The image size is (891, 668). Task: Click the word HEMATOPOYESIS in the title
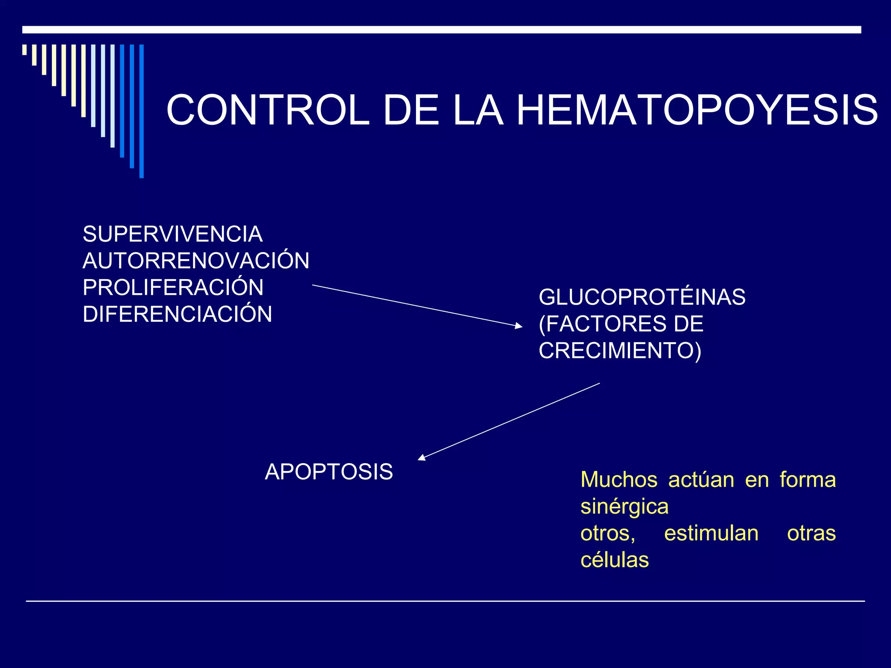pos(697,110)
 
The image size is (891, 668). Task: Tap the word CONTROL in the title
pos(268,110)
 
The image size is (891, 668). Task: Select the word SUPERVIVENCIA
pos(173,234)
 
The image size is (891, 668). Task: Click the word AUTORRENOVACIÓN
pos(196,261)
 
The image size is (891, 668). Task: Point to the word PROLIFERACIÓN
pos(173,287)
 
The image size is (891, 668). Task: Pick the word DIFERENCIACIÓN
pos(178,314)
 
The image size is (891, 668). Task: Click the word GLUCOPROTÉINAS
pos(642,297)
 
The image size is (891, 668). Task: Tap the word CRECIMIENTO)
pos(620,351)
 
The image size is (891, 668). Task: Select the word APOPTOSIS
pos(329,472)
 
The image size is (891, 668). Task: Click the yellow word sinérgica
pos(624,507)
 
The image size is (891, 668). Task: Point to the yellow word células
pos(615,560)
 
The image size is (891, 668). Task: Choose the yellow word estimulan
pos(711,534)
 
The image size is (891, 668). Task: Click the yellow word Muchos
pos(619,480)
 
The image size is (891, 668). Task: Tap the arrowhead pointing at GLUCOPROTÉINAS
pos(519,325)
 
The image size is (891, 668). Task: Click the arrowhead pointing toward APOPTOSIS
pos(421,457)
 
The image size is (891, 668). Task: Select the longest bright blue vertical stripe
pos(141,111)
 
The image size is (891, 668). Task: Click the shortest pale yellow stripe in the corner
pos(24,50)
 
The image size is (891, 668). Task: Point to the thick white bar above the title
pos(442,30)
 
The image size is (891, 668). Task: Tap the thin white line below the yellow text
pos(445,601)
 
